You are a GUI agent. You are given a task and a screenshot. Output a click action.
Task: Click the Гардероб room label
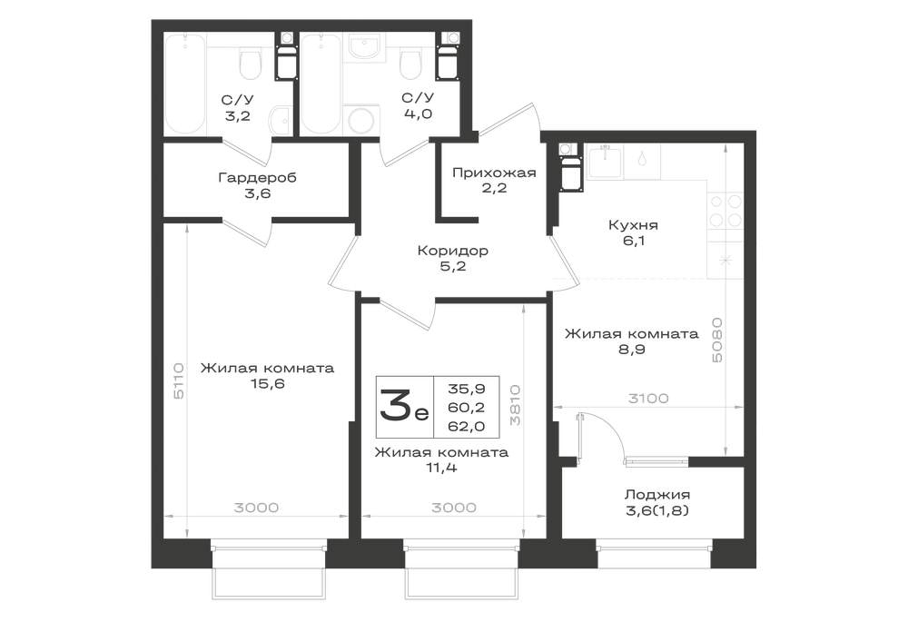point(257,177)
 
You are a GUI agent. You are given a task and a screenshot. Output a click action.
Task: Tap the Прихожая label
point(494,173)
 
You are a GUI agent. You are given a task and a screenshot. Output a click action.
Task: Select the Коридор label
point(453,251)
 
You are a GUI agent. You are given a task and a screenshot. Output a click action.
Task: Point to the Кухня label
point(633,224)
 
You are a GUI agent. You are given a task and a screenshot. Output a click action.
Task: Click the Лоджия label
point(657,495)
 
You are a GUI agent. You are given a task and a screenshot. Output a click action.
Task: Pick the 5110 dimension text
point(179,380)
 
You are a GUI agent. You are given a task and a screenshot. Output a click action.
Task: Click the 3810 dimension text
point(515,406)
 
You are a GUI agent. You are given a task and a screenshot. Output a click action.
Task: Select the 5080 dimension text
point(717,340)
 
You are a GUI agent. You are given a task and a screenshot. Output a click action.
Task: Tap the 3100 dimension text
point(648,399)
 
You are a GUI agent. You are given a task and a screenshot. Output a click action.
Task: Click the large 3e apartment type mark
point(404,405)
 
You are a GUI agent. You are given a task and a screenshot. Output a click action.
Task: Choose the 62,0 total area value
point(466,427)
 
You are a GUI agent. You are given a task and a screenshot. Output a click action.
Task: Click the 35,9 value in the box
point(466,389)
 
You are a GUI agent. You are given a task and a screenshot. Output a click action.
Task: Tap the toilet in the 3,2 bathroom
point(251,64)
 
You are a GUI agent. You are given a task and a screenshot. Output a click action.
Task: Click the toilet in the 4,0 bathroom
point(410,64)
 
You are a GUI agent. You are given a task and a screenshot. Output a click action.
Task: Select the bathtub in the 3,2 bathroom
point(185,84)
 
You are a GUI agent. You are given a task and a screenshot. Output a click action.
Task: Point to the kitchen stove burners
point(725,211)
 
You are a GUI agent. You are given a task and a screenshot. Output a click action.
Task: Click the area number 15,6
point(267,383)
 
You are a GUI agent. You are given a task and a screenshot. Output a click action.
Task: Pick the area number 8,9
point(631,349)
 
